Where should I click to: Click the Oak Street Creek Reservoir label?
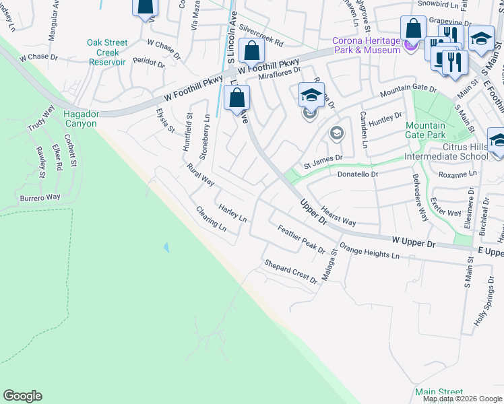(107, 52)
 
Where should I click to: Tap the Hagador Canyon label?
(80, 119)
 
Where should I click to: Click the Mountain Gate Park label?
(425, 130)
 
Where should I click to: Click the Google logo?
(22, 396)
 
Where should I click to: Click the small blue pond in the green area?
(166, 247)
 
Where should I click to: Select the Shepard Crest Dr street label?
(290, 271)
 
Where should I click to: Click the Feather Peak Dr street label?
(301, 239)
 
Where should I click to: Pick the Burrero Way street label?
(40, 198)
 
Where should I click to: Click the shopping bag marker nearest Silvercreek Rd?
(251, 50)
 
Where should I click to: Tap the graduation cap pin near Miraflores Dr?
(311, 95)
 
